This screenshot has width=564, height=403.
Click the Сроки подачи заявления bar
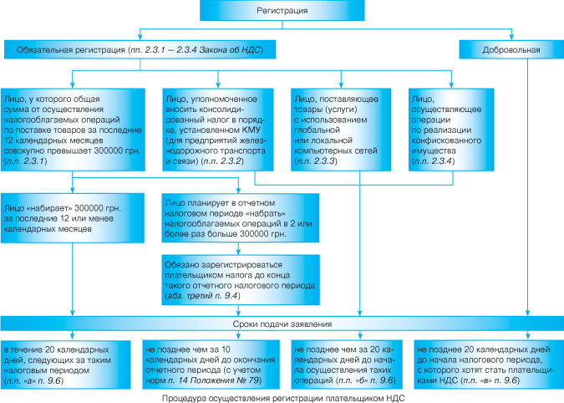pyautogui.click(x=282, y=323)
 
